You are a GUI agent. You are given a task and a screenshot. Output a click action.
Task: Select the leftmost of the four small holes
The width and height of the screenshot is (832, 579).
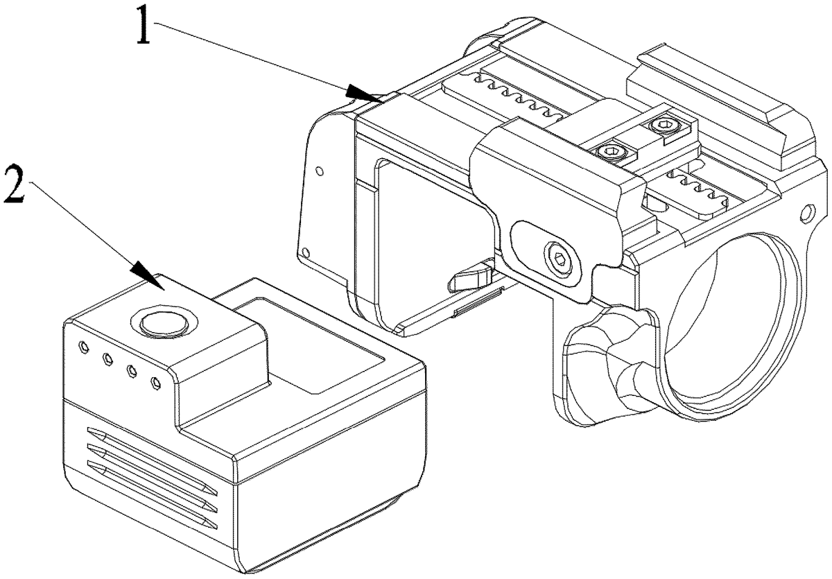click(83, 346)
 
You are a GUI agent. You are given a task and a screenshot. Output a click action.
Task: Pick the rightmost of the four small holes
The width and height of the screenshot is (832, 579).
click(155, 382)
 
